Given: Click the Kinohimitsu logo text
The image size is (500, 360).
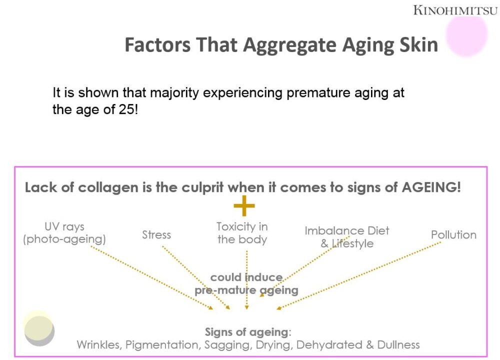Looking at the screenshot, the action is pos(455,10).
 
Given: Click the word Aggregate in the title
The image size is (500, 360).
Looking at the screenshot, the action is pos(289,45).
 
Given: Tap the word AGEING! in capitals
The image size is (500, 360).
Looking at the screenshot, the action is pos(431,187).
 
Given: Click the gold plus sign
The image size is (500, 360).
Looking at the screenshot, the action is pos(244,205).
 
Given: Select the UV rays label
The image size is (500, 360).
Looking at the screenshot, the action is pos(64,233).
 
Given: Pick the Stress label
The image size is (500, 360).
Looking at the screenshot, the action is pos(156,234).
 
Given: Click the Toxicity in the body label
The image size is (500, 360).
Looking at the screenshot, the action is pos(242,233).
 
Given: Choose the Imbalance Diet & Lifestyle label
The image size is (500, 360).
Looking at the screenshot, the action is pos(347,237).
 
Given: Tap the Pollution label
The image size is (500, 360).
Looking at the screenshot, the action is pos(454,234).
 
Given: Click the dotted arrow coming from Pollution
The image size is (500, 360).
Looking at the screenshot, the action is pos(358,275).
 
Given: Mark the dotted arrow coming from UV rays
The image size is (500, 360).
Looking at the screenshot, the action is pos(152,277).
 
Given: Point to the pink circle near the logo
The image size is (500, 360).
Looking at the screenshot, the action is pos(466,35).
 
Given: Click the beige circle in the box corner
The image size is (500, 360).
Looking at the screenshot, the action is pos(39,329).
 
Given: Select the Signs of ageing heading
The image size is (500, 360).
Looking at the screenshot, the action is pos(248,332).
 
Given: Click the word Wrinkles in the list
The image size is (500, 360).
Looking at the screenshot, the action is pos(99,344).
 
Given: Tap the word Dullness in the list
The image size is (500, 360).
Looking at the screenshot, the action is pos(398,344).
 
